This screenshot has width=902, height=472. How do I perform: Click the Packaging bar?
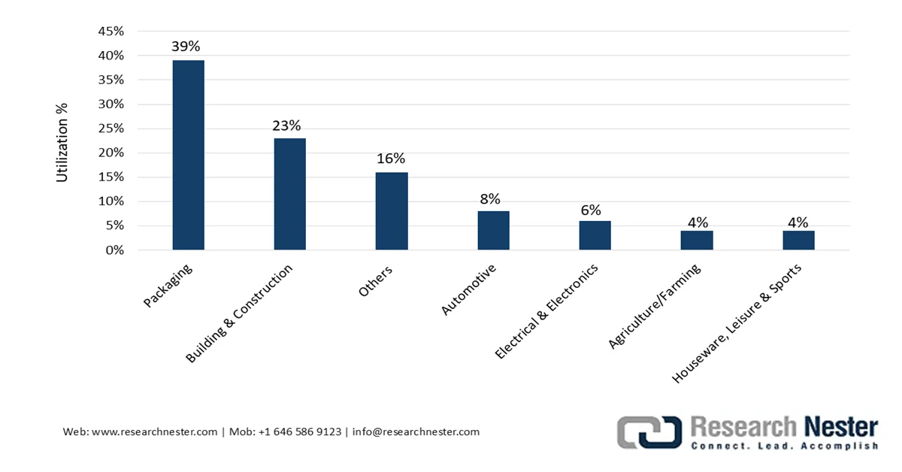[x=189, y=155]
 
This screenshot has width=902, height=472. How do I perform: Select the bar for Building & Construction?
[x=290, y=194]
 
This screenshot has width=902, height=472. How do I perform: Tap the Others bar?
[x=392, y=211]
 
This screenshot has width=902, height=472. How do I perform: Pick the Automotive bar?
[x=494, y=230]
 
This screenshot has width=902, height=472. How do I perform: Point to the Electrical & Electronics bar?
[x=595, y=235]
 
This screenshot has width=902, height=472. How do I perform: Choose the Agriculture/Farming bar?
[x=697, y=241]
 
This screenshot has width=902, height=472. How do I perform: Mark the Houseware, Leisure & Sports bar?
[x=799, y=241]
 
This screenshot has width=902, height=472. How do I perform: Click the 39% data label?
[x=186, y=47]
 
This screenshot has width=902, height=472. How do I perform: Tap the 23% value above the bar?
[x=286, y=126]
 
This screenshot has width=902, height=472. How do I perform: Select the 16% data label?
[x=391, y=159]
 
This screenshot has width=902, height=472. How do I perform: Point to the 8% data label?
[x=490, y=198]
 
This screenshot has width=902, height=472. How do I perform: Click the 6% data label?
[x=591, y=210]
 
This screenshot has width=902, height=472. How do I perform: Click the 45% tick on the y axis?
[x=110, y=31]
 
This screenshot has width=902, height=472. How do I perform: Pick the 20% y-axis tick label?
[x=110, y=153]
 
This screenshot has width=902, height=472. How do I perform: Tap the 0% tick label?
[x=115, y=250]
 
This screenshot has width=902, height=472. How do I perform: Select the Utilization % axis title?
[x=62, y=143]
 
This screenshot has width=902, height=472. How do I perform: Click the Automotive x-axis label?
[x=468, y=289]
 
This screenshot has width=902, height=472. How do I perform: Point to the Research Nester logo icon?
[x=649, y=432]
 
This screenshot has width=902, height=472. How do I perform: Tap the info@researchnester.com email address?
[x=416, y=431]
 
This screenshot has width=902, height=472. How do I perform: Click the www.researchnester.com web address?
[x=155, y=431]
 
